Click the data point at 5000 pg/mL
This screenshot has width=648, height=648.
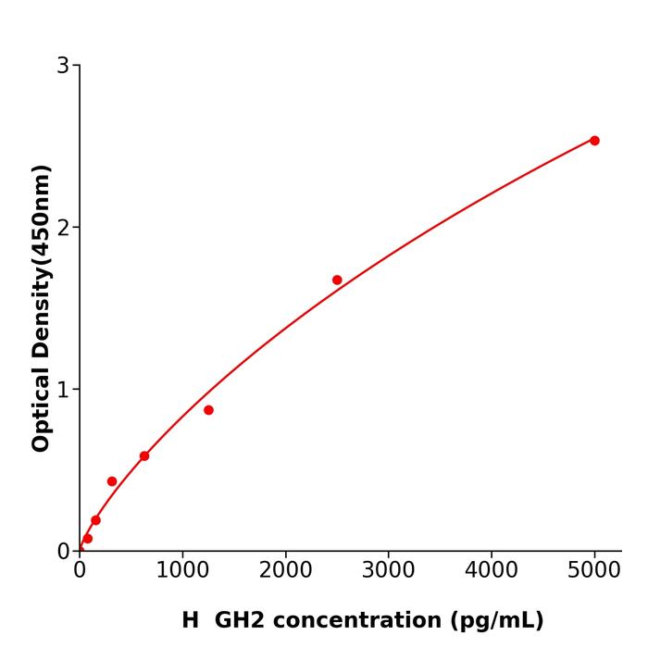tap(594, 141)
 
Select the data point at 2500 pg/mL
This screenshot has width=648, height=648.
tap(337, 280)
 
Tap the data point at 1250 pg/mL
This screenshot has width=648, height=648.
tap(208, 410)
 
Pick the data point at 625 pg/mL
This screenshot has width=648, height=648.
tap(144, 456)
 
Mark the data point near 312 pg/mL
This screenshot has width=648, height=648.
tap(112, 481)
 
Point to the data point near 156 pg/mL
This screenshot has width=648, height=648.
tap(95, 520)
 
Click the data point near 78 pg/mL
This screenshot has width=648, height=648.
tap(88, 539)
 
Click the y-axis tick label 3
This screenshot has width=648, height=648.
tap(63, 66)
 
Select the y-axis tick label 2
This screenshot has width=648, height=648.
tap(63, 228)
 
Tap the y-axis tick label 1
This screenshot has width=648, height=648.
tap(63, 390)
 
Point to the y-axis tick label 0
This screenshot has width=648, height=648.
tap(63, 552)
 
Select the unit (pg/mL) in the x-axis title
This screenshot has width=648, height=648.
tap(496, 620)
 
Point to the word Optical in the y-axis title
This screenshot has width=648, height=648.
tap(41, 408)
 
